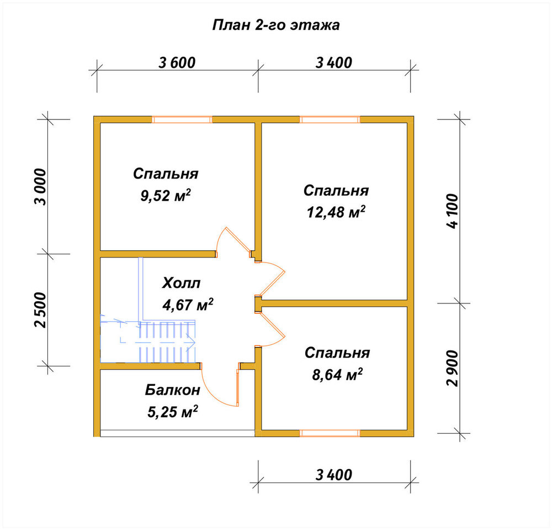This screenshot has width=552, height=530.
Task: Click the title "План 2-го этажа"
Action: [x=276, y=25]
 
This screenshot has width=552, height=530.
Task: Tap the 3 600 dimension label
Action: [x=177, y=62]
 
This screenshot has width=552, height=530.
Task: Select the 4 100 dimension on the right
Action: [x=453, y=211]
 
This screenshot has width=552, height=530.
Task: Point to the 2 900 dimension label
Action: [x=453, y=368]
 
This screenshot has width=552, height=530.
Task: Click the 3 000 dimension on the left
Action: [x=40, y=187]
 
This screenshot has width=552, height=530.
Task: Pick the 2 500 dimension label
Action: [x=40, y=309]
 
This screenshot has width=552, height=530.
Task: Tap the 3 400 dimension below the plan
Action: [x=333, y=475]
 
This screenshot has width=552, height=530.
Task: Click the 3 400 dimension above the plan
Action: [x=333, y=62]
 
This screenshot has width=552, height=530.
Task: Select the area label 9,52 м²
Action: [x=166, y=196]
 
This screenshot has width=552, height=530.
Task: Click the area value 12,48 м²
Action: [x=336, y=212]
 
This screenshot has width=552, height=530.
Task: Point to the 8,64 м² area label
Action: [x=337, y=375]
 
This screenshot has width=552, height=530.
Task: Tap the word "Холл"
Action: [x=181, y=283]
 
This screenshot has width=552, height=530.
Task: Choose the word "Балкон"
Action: [x=172, y=390]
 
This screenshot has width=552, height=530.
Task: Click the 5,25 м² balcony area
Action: [x=172, y=411]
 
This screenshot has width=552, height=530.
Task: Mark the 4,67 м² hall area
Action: [x=188, y=305]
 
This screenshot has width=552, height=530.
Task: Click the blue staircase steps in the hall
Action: [x=167, y=342]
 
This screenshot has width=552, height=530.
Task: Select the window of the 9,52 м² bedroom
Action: [x=182, y=119]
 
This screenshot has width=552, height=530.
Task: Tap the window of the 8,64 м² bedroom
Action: [x=330, y=433]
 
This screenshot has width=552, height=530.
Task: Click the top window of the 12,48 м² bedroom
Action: [x=330, y=119]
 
